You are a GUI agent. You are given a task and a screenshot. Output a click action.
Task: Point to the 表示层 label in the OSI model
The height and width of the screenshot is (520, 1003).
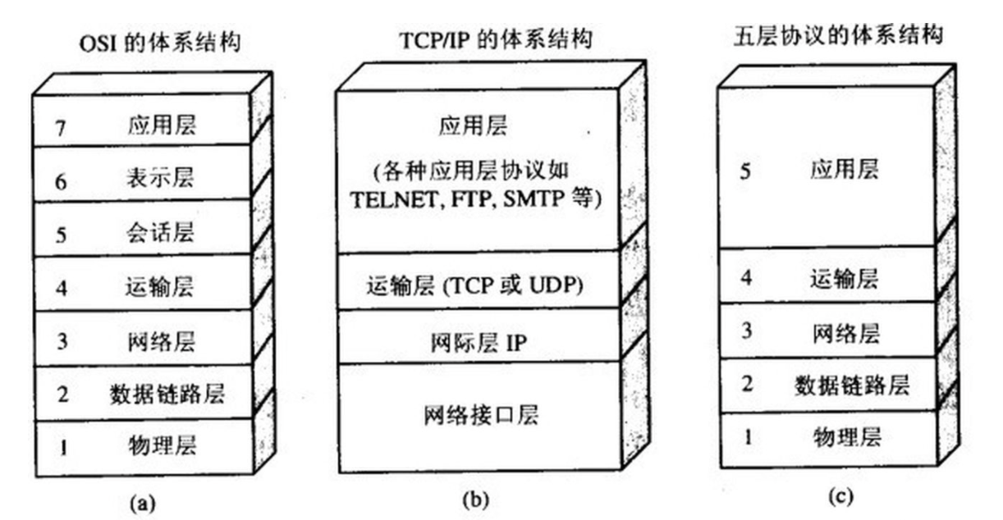click(x=163, y=179)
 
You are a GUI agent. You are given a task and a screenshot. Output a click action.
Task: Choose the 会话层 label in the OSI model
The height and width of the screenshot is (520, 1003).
click(x=163, y=233)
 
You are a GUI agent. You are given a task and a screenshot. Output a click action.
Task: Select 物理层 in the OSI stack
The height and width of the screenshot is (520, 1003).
click(x=163, y=446)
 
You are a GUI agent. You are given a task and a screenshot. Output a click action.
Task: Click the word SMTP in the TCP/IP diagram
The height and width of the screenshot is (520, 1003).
click(x=538, y=198)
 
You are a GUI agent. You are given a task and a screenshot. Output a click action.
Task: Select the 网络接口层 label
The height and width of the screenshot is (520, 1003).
click(x=482, y=415)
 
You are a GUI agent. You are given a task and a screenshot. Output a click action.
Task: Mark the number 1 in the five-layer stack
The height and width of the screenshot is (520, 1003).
click(x=747, y=436)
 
